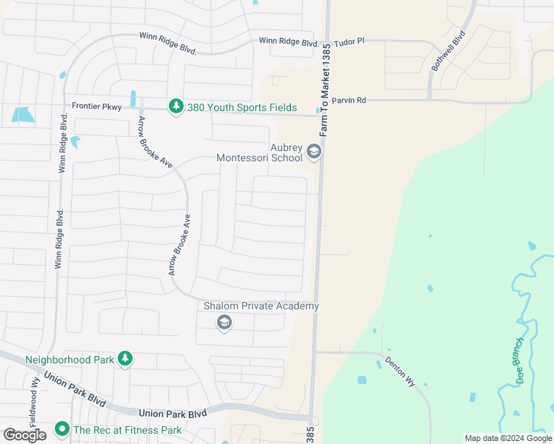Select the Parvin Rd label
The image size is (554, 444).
(x=350, y=101)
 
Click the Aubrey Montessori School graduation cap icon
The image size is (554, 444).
(x=313, y=152)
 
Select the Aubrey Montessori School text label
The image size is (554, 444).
(x=260, y=152)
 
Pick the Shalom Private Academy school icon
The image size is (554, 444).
(x=224, y=322)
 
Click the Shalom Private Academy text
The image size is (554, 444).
(x=261, y=306)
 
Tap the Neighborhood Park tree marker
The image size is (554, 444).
(x=125, y=360)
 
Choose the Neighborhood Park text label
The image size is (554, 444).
(x=70, y=360)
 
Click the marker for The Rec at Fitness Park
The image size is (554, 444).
(x=62, y=429)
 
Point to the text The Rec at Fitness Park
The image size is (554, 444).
(x=127, y=429)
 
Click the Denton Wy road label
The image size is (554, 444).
(x=400, y=372)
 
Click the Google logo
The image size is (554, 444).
(x=24, y=435)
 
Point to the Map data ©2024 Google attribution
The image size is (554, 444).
(x=508, y=438)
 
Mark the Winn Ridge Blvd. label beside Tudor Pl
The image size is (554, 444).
(x=289, y=42)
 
